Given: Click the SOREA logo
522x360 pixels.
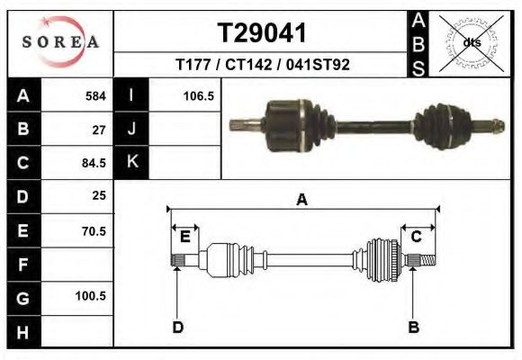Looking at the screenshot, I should (59, 42).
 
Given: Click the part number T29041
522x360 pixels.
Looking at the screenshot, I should (262, 33).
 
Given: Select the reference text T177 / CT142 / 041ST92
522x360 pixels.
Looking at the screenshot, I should (262, 65).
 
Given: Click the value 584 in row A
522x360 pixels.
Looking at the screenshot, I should (94, 95).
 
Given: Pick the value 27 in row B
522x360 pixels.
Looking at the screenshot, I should (99, 130).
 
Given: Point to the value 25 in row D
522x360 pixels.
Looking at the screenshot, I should (99, 195).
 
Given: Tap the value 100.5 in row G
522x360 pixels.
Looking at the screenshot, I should (91, 295).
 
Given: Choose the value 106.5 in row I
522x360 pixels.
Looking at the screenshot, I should (197, 95).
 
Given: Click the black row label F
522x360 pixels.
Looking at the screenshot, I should (22, 265).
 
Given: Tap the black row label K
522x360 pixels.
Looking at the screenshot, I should (131, 161).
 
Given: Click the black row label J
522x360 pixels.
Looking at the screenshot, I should (131, 129).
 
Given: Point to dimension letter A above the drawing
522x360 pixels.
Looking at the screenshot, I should (302, 200).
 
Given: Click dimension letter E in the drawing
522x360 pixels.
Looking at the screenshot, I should (184, 237).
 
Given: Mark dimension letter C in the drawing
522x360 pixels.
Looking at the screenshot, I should (417, 237).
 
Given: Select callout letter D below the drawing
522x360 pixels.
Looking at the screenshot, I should (178, 328).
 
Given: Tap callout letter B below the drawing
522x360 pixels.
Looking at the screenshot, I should (414, 328).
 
